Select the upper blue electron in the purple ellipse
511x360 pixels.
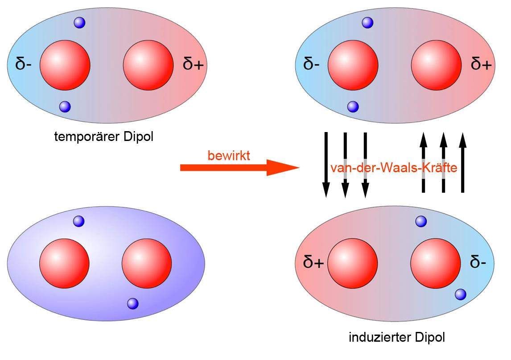click(x=78, y=220)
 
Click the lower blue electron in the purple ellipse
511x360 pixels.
click(x=133, y=303)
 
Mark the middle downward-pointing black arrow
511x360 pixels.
click(x=345, y=165)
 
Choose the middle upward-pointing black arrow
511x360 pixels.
click(x=443, y=163)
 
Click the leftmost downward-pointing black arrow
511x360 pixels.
click(x=326, y=165)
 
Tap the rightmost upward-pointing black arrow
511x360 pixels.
click(x=462, y=163)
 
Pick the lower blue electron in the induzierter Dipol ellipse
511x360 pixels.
click(x=461, y=294)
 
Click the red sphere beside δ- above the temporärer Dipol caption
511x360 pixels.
click(x=65, y=64)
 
